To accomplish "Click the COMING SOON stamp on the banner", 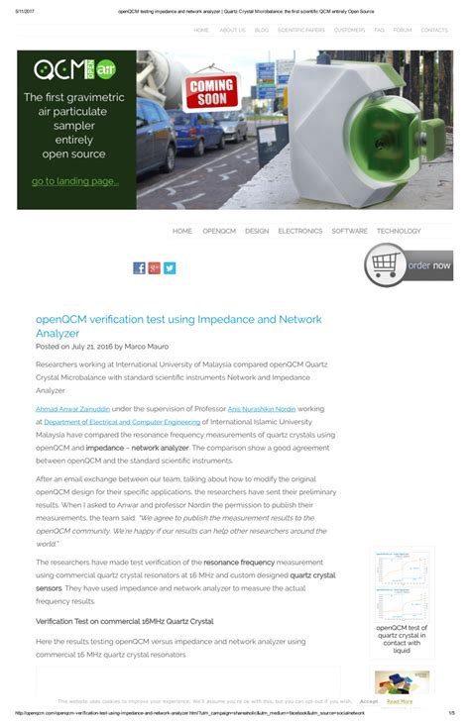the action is [211, 90].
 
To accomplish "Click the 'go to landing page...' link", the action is [74, 181].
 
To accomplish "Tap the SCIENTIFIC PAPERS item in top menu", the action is [300, 30].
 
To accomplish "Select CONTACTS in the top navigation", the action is [434, 30].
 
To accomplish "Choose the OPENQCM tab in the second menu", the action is [218, 231].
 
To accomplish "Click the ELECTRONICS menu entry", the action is [299, 231].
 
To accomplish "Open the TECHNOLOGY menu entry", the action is [399, 231].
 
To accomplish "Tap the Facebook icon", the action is [139, 267].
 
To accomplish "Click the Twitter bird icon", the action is [170, 267].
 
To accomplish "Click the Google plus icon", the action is [154, 267].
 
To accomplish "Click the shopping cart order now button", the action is [409, 264].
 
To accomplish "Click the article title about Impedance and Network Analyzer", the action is [178, 326].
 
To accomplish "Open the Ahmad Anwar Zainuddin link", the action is [72, 408].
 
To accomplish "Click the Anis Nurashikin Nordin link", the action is [262, 408].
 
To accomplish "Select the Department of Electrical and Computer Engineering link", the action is [121, 421].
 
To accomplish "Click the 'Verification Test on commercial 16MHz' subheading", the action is [124, 621].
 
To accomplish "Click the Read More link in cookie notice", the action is [400, 700].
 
